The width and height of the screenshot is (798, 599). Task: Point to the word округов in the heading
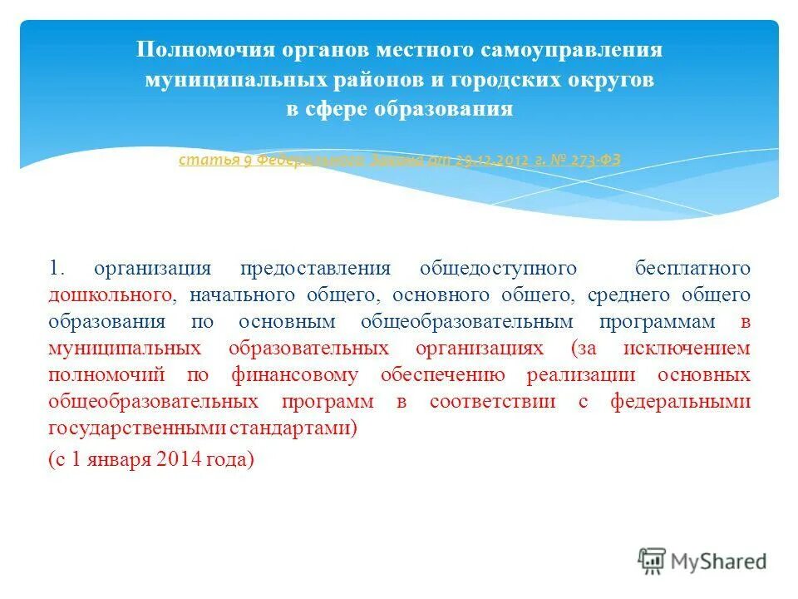[x=614, y=80]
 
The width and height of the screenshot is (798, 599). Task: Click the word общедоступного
[x=498, y=268]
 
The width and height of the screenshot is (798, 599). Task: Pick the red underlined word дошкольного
[x=111, y=295]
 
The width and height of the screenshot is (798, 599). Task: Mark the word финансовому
[x=298, y=374]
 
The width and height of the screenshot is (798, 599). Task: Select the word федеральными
[x=681, y=401]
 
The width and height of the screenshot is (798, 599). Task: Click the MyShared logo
[x=702, y=561]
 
